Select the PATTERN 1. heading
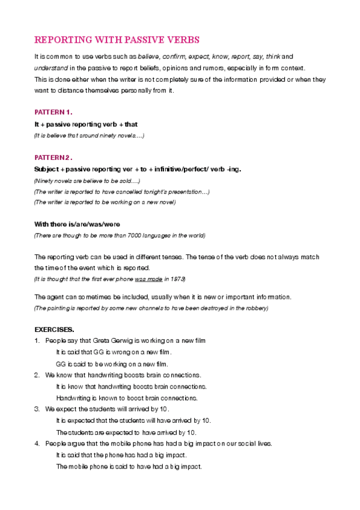53,112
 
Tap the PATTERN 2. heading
53,157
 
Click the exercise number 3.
37,409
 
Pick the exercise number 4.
37,443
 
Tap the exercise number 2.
37,375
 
